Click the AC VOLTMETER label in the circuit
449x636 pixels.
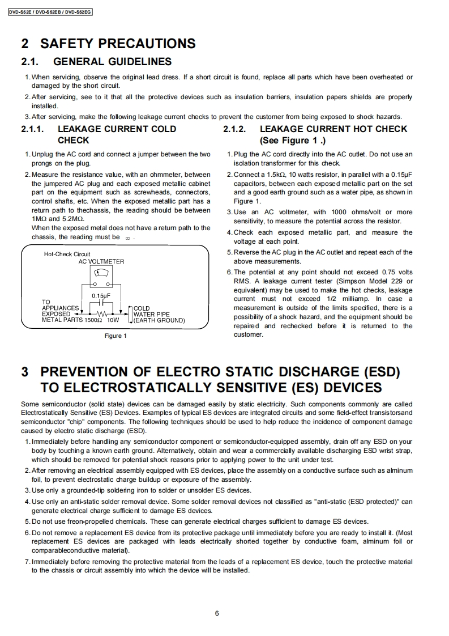(x=101, y=261)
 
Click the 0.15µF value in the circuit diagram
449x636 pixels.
(x=101, y=295)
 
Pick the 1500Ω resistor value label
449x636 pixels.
(x=93, y=320)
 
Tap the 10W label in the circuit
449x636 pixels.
(x=113, y=320)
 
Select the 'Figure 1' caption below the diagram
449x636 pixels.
(x=116, y=336)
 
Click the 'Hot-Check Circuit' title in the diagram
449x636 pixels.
(x=67, y=254)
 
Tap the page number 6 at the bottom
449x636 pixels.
(x=217, y=613)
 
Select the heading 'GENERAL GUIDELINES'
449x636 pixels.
(x=112, y=61)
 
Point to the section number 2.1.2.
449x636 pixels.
(x=234, y=129)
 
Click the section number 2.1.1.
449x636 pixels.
(x=32, y=129)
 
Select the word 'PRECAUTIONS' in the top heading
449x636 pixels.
(x=148, y=43)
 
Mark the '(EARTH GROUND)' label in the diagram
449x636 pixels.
(x=159, y=320)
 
